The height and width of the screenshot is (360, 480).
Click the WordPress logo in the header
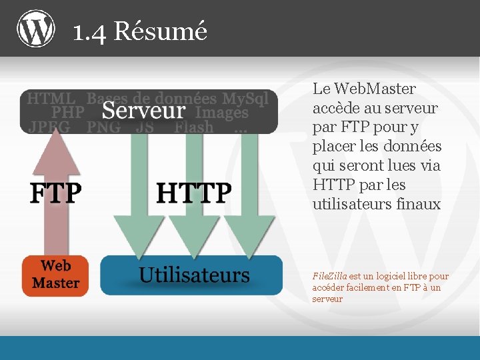36,29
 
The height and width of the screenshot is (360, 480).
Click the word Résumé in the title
161,31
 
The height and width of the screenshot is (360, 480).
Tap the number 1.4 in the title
89,31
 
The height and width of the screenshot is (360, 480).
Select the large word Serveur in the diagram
143,111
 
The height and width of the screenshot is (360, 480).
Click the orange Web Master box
55,274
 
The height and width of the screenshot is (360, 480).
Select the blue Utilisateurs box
191,275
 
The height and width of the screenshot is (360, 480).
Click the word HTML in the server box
51,99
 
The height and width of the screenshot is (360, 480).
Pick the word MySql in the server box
245,99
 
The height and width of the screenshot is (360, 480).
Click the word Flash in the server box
194,127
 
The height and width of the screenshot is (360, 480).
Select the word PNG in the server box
104,127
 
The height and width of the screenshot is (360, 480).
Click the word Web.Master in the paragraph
374,89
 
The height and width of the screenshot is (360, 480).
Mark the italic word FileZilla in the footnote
329,276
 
